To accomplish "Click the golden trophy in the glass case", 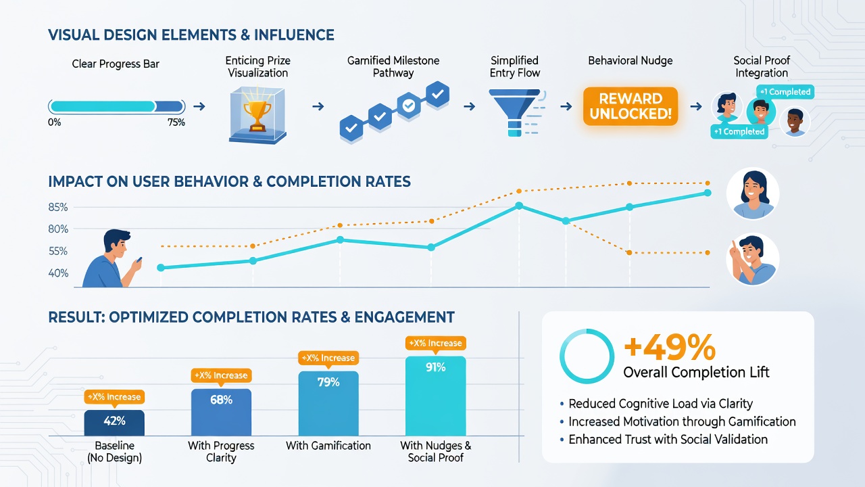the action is (x=257, y=115).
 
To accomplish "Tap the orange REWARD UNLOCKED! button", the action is (x=631, y=106).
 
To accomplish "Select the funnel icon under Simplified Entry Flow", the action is (x=515, y=112).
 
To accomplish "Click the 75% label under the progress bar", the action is (x=176, y=122).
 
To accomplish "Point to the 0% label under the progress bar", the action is (x=55, y=122).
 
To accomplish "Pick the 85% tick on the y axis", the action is (x=58, y=207).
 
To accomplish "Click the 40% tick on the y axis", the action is (x=58, y=273).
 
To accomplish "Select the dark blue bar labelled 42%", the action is (x=114, y=423).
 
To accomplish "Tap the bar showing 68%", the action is (x=221, y=413).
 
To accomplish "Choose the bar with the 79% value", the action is (x=328, y=404).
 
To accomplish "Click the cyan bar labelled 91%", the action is (x=436, y=396).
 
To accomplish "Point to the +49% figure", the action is (x=670, y=347).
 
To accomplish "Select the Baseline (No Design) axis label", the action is (x=114, y=451).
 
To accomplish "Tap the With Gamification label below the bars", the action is (x=328, y=446).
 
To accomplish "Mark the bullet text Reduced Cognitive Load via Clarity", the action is (x=660, y=404).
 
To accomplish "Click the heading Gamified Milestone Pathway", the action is (x=393, y=66).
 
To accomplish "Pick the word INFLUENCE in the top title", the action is (x=294, y=34).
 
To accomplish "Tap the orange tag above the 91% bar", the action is (x=436, y=343).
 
